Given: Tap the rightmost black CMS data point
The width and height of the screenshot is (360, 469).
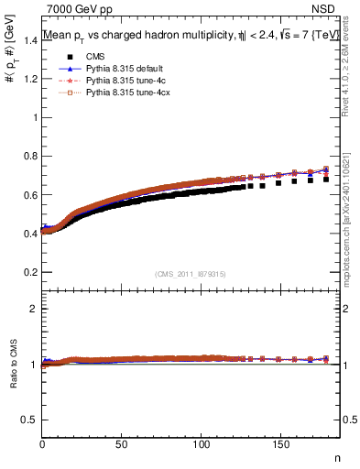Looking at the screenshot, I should click(x=326, y=180).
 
